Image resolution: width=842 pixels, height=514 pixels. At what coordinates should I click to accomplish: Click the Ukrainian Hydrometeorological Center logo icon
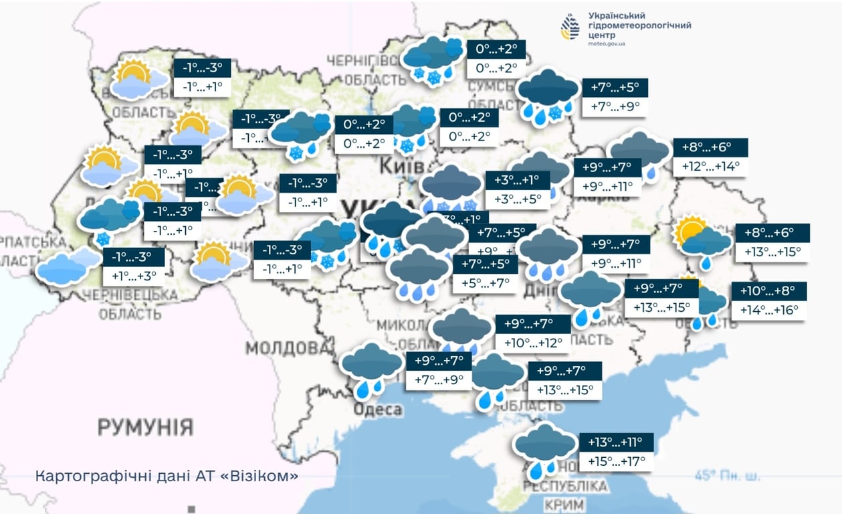(x=570, y=27)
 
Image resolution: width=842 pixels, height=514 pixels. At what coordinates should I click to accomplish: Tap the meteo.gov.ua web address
(x=607, y=44)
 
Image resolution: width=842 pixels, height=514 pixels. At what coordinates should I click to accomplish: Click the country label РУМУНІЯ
(x=145, y=426)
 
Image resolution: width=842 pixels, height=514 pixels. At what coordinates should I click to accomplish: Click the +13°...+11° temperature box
(x=615, y=442)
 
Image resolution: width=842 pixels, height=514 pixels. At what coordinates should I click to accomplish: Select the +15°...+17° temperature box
(x=615, y=461)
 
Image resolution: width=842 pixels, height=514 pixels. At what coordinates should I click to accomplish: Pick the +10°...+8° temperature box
(x=768, y=292)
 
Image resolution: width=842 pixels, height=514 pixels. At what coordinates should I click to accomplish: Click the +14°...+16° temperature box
(x=768, y=311)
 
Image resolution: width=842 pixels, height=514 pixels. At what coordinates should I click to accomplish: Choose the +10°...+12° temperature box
(x=533, y=343)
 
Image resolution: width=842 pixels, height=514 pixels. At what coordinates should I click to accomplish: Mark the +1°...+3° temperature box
(x=134, y=276)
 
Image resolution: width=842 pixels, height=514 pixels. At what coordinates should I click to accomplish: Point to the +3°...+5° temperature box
(x=517, y=199)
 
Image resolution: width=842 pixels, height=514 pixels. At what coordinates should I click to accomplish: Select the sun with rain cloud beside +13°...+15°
(x=702, y=240)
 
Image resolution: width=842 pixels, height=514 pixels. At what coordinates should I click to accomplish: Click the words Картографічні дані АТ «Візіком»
(x=167, y=477)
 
